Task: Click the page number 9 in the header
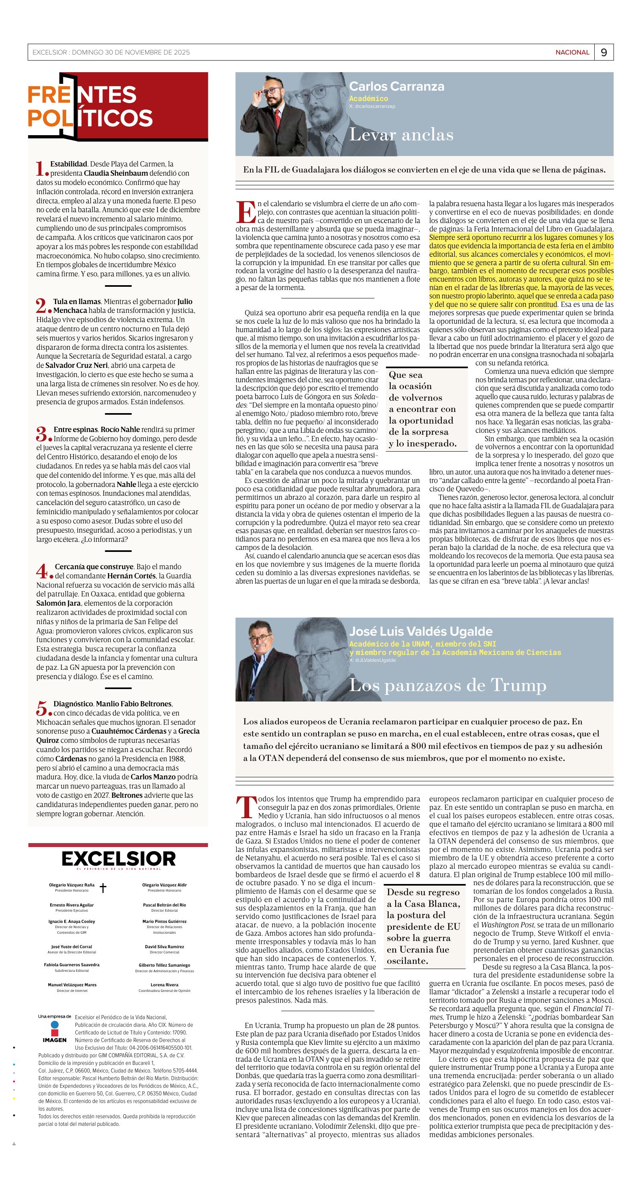(603, 53)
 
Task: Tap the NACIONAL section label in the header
(572, 53)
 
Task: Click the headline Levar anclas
(401, 135)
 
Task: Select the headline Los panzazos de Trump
(448, 685)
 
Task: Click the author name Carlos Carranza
(396, 86)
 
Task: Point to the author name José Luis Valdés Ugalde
(420, 631)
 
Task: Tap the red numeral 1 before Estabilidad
(41, 168)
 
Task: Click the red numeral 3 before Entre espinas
(42, 433)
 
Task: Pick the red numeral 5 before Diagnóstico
(42, 708)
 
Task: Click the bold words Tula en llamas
(77, 301)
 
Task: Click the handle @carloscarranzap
(372, 106)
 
